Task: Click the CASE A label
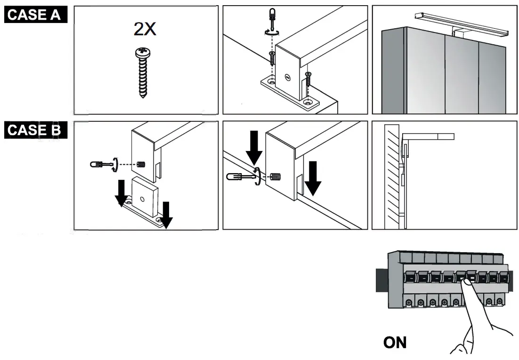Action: click(34, 15)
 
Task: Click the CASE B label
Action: click(34, 130)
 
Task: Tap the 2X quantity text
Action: click(144, 30)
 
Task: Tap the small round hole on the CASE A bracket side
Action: click(287, 76)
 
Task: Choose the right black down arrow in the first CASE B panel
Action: click(166, 214)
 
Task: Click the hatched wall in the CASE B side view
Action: click(392, 176)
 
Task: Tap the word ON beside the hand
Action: click(395, 342)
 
